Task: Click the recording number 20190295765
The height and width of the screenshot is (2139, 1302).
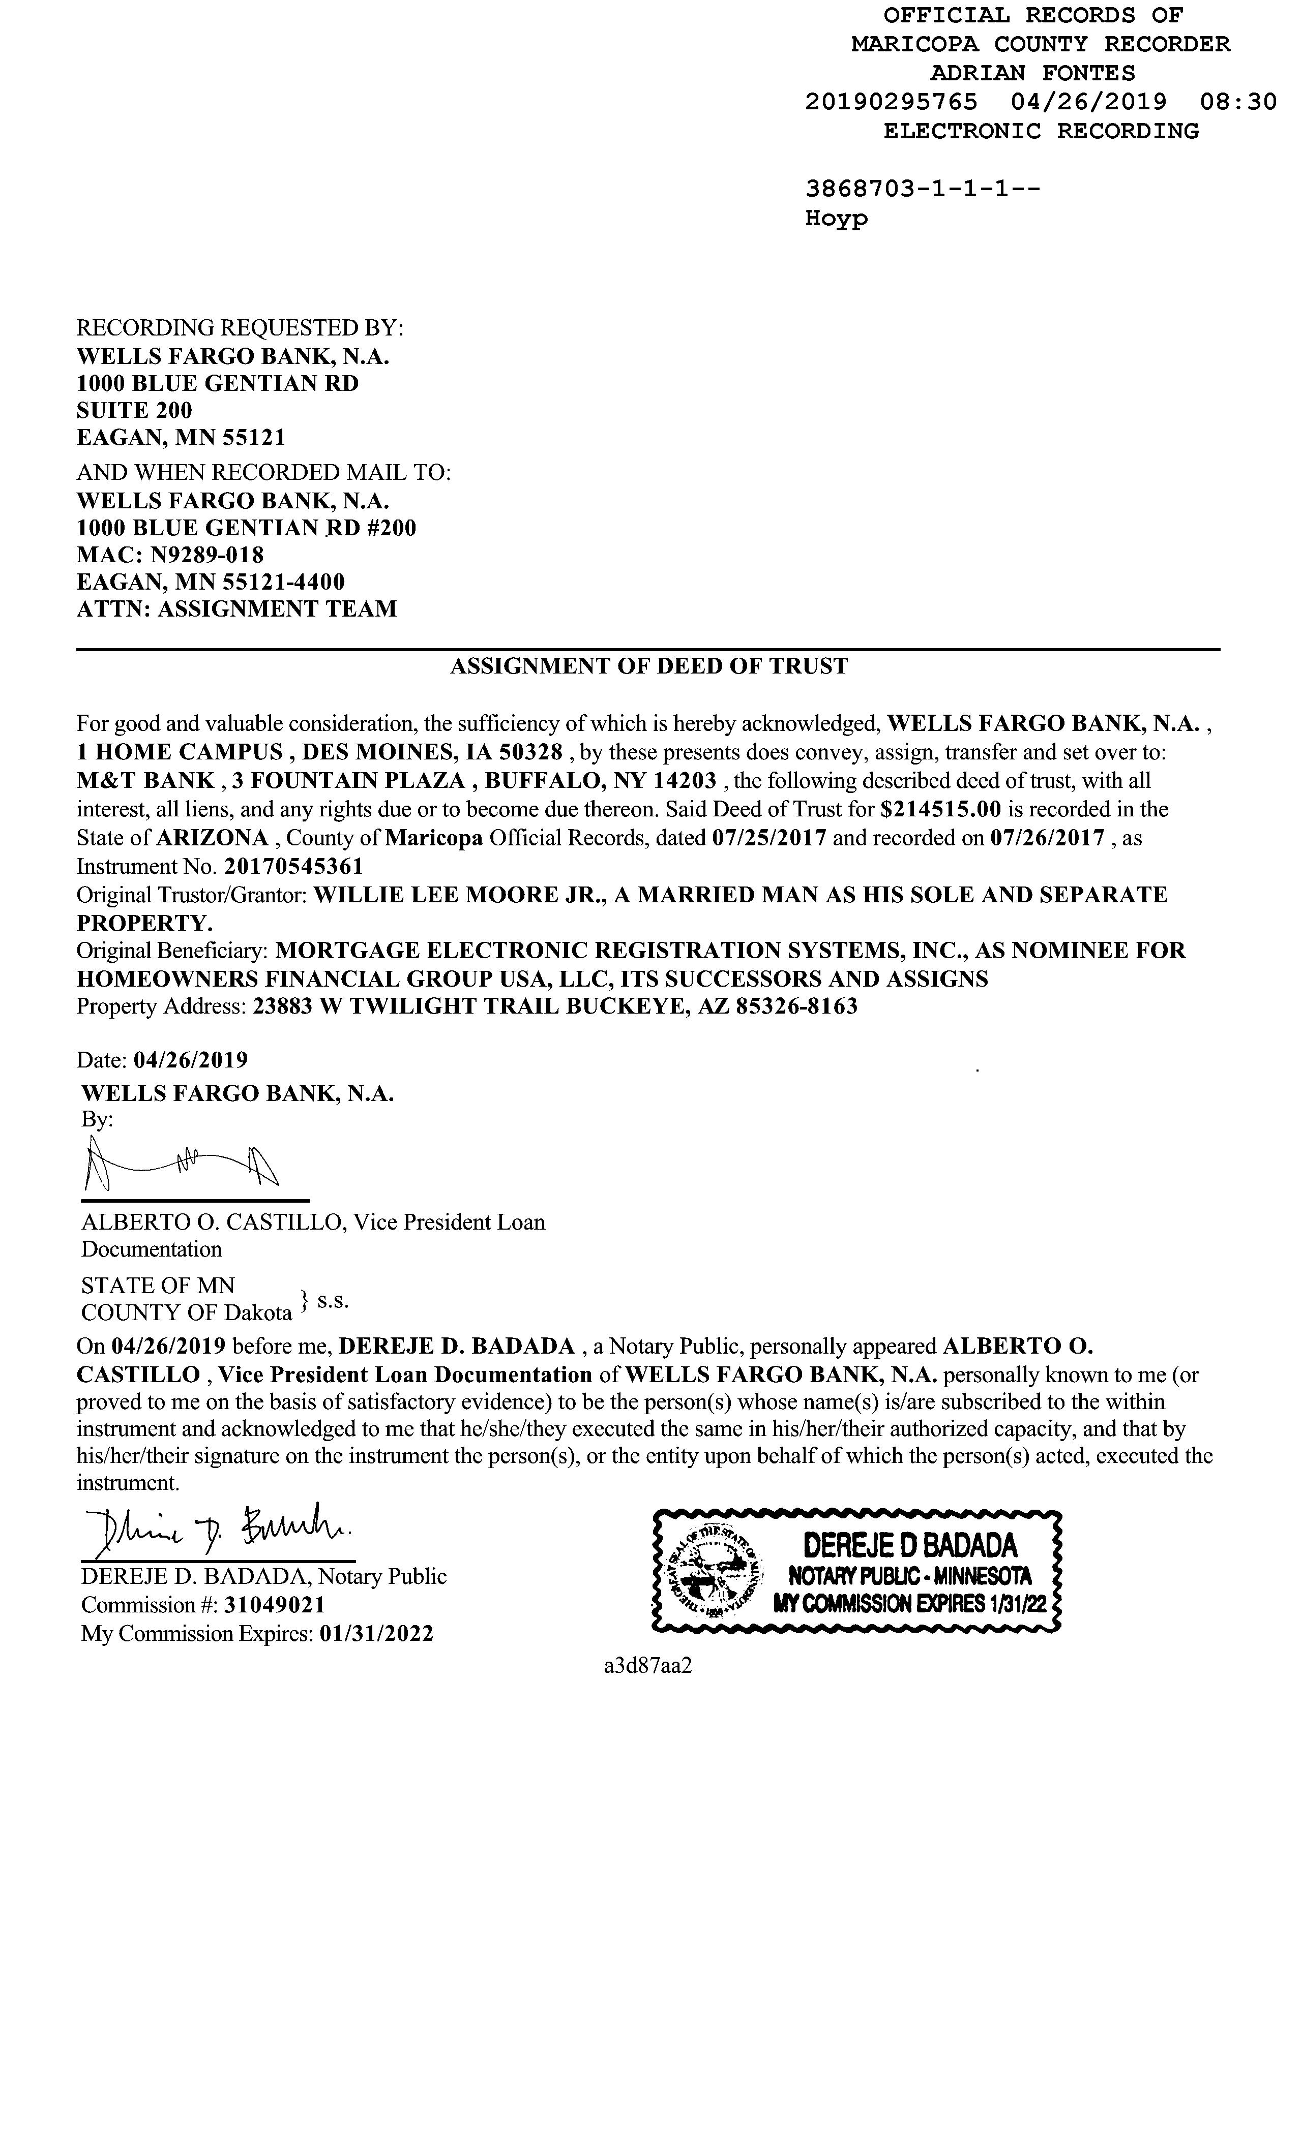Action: point(891,103)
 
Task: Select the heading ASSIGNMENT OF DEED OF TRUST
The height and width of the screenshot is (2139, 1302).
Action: point(649,667)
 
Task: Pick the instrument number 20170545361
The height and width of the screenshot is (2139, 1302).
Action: point(293,866)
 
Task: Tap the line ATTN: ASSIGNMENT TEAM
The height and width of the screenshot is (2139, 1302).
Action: point(236,608)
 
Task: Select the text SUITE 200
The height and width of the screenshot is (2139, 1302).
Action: point(135,411)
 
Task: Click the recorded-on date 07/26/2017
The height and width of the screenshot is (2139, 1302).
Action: point(1047,839)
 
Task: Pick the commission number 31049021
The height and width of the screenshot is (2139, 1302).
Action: point(275,1606)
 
